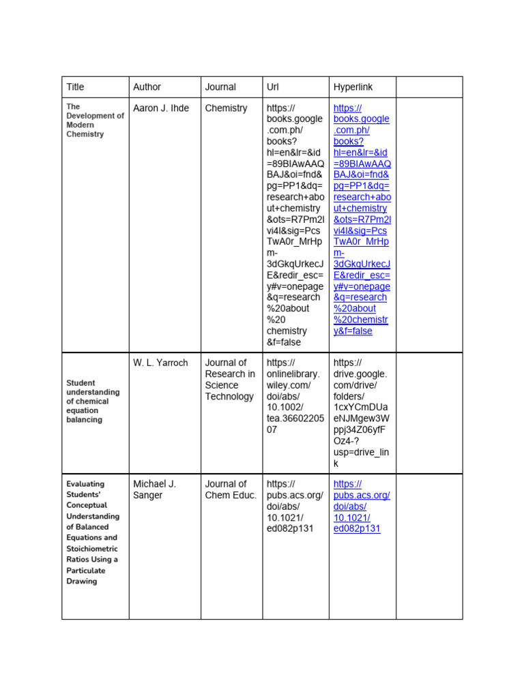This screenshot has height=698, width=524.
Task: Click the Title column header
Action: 75,87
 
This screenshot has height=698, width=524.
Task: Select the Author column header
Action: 147,87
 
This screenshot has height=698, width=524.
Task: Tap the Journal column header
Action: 220,87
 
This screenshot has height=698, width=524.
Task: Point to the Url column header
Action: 273,87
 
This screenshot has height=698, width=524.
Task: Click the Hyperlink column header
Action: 353,87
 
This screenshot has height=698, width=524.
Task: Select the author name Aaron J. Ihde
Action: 161,108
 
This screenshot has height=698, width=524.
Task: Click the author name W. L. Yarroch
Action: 160,363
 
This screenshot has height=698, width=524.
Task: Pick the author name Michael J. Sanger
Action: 155,489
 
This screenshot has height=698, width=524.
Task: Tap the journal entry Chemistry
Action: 226,108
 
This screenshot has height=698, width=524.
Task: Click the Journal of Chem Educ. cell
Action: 231,489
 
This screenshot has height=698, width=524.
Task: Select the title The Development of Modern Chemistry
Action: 94,121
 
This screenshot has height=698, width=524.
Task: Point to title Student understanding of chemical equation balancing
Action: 93,401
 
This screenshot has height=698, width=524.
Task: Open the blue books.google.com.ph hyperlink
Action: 362,219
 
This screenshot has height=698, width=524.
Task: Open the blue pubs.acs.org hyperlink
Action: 361,506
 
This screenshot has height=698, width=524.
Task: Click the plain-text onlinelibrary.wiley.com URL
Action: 295,396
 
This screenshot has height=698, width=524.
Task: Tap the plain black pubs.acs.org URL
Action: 294,506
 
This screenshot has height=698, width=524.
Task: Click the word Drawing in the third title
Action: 81,581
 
